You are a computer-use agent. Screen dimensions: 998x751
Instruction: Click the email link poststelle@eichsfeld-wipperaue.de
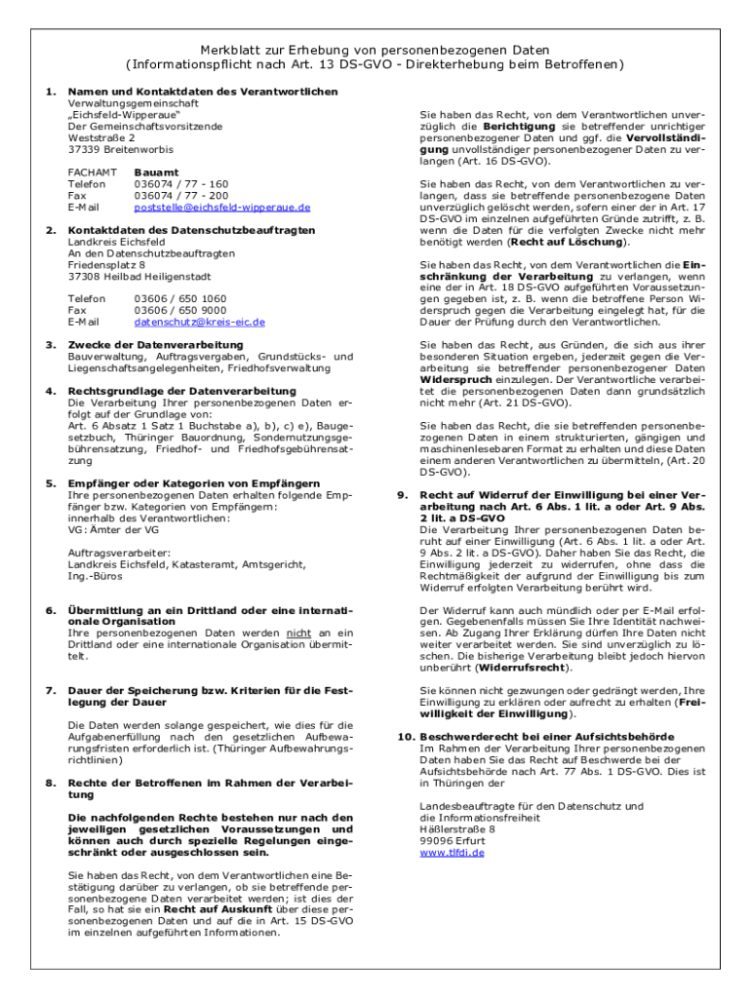point(222,208)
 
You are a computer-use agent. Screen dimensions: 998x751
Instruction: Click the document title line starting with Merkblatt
point(375,50)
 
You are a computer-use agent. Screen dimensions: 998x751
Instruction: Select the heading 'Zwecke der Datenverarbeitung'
point(155,345)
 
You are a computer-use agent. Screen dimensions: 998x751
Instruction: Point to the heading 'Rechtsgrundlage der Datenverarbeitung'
point(182,391)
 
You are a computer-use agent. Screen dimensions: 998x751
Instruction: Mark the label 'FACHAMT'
point(93,173)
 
